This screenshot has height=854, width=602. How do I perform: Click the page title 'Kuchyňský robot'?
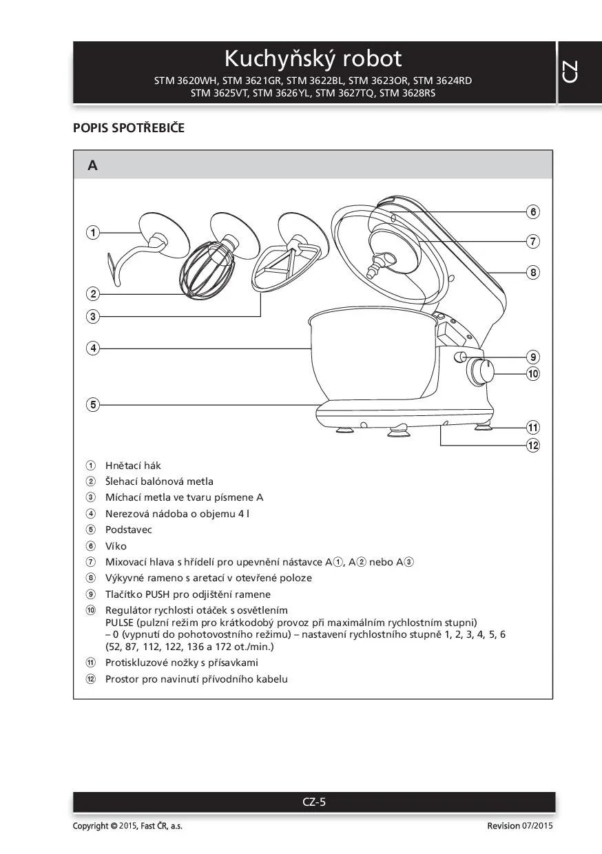click(x=313, y=58)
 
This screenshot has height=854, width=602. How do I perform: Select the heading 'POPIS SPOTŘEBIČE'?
click(x=129, y=128)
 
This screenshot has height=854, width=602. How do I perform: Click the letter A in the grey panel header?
click(x=92, y=165)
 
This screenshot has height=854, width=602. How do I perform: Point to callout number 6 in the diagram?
click(x=533, y=211)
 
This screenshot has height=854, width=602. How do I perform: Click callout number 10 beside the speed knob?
click(x=533, y=374)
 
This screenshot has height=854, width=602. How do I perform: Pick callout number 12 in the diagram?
click(x=533, y=445)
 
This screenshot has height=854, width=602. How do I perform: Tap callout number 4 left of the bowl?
click(x=93, y=348)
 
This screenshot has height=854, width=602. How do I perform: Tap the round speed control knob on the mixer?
click(x=481, y=373)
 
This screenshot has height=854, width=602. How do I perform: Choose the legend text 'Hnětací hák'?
click(x=133, y=466)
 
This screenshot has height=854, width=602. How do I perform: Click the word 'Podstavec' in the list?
click(x=128, y=530)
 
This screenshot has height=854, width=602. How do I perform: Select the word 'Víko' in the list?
click(x=116, y=545)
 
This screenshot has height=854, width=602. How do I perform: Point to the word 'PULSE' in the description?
click(x=120, y=622)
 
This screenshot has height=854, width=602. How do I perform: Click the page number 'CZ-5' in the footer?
click(x=314, y=802)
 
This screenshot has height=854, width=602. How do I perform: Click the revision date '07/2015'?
click(x=537, y=826)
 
